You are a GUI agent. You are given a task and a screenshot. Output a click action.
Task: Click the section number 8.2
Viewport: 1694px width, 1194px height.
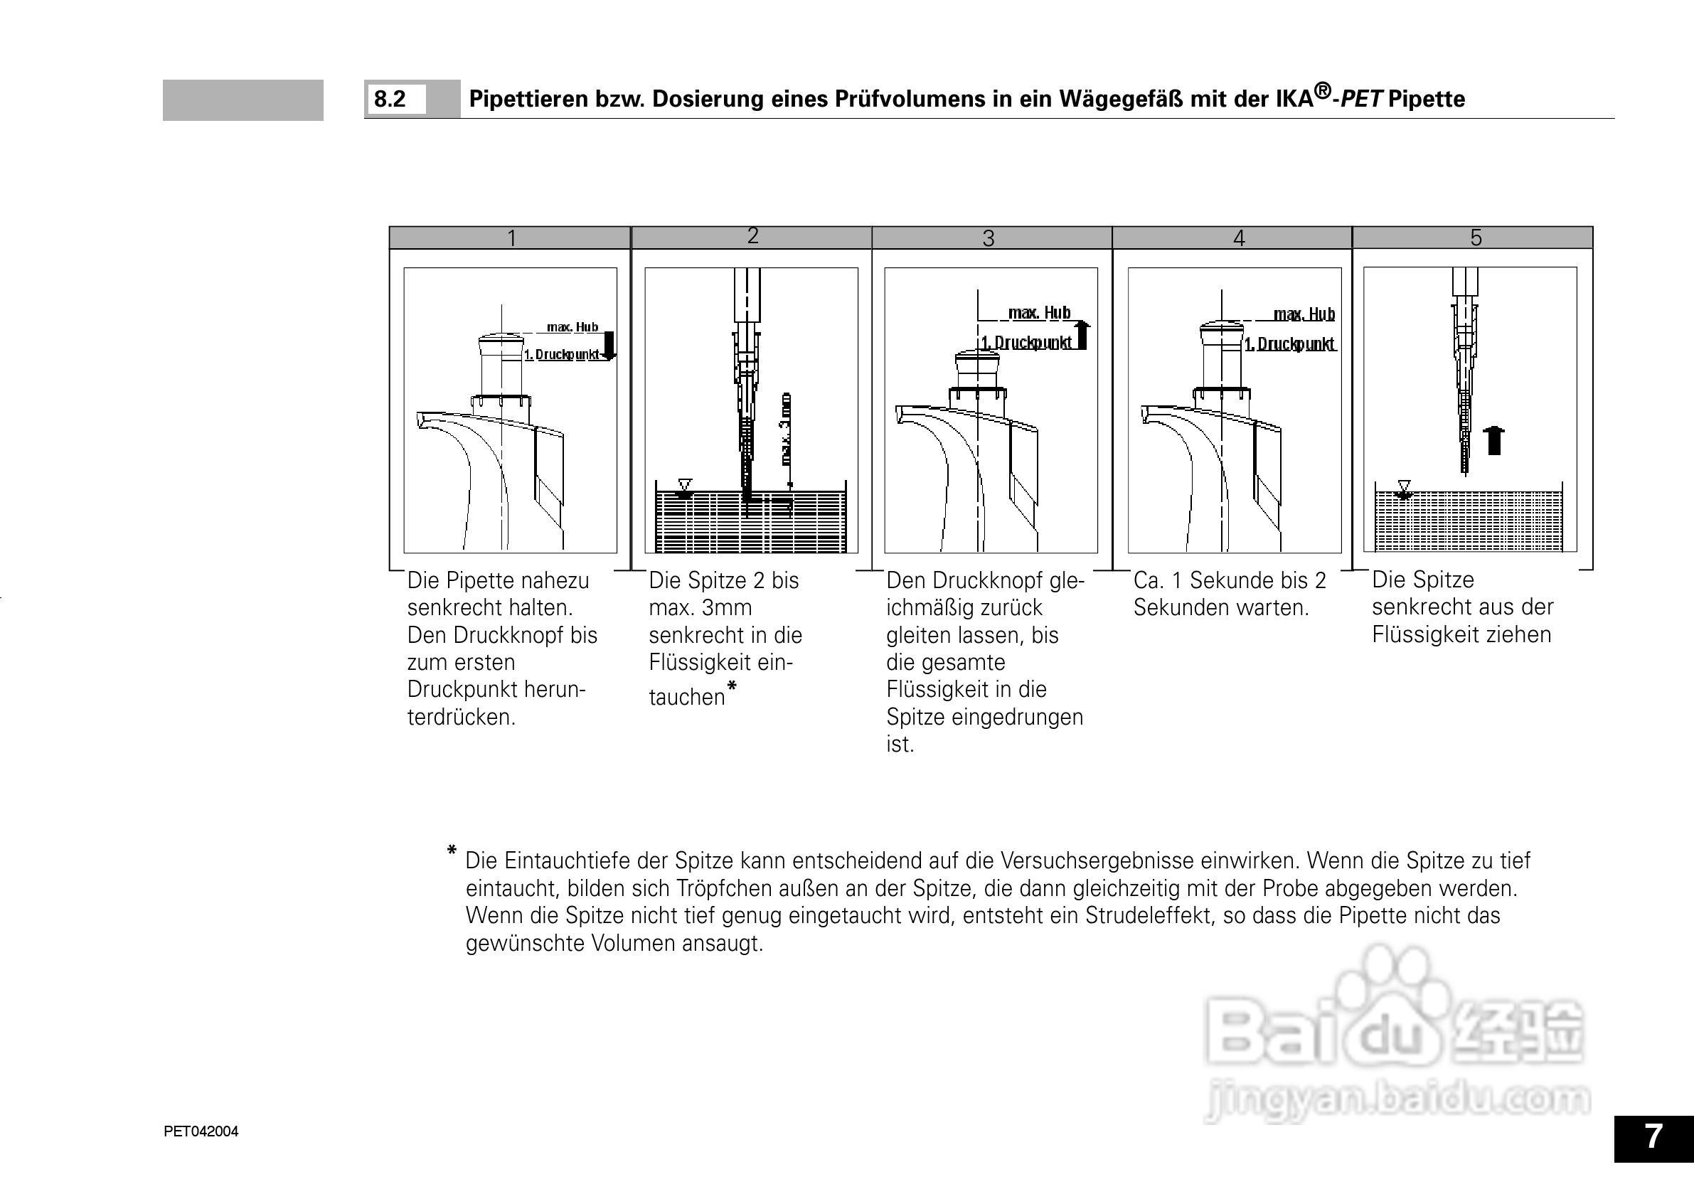click(x=390, y=99)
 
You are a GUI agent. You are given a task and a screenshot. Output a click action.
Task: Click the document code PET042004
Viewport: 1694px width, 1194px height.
click(x=201, y=1131)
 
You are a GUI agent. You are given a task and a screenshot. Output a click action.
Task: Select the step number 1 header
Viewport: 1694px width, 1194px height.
click(x=511, y=238)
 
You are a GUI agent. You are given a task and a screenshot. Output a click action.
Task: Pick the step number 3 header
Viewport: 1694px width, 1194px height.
click(x=988, y=238)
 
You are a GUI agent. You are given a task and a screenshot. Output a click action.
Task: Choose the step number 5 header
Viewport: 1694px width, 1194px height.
click(x=1476, y=237)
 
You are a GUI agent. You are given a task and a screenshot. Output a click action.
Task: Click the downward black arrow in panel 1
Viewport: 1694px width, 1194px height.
click(x=609, y=346)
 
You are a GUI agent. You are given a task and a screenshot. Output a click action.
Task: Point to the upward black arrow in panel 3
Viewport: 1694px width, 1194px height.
click(x=1082, y=334)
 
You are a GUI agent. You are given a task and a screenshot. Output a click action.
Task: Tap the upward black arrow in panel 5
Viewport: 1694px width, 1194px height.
click(x=1494, y=441)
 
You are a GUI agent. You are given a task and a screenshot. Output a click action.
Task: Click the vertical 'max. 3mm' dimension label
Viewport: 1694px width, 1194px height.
click(x=787, y=428)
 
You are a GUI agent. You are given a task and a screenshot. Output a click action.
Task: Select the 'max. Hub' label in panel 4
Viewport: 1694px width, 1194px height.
click(x=1304, y=314)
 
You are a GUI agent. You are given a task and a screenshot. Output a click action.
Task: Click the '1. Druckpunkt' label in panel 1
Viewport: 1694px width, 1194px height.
click(x=560, y=355)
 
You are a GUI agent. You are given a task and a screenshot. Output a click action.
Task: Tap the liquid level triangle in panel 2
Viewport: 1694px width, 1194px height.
click(x=685, y=486)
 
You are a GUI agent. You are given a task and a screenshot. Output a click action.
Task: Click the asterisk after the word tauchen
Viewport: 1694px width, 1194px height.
click(x=731, y=687)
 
